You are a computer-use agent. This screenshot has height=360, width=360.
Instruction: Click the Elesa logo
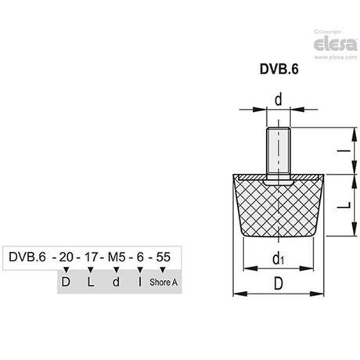tap(335, 45)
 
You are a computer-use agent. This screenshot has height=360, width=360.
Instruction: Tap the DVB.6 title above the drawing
tap(279, 69)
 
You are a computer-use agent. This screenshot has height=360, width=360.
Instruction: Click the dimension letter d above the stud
tap(279, 99)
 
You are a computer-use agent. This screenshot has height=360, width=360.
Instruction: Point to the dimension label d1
tap(278, 258)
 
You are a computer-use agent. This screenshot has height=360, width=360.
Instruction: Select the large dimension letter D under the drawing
tap(279, 283)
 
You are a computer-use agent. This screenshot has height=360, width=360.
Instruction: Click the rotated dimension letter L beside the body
tap(344, 205)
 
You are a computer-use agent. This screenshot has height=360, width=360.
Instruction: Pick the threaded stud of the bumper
tap(279, 154)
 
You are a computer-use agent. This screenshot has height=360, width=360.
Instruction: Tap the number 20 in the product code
tap(66, 257)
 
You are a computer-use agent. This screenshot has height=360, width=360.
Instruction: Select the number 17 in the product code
tap(91, 257)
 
